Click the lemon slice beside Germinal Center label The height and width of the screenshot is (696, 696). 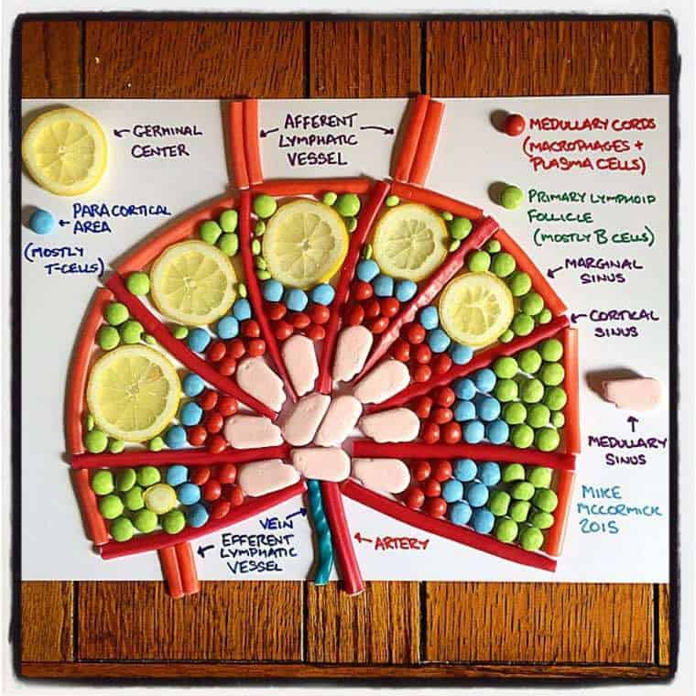(x=64, y=151)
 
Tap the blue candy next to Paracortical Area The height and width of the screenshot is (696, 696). (x=41, y=221)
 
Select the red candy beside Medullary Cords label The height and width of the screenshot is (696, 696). (x=514, y=124)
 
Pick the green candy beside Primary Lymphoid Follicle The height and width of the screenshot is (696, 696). (x=511, y=196)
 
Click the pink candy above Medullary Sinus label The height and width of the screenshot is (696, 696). (x=632, y=393)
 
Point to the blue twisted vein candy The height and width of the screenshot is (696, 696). (x=319, y=532)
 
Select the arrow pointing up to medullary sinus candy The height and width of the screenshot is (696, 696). (x=632, y=423)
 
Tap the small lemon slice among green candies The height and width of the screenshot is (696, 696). (x=161, y=498)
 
